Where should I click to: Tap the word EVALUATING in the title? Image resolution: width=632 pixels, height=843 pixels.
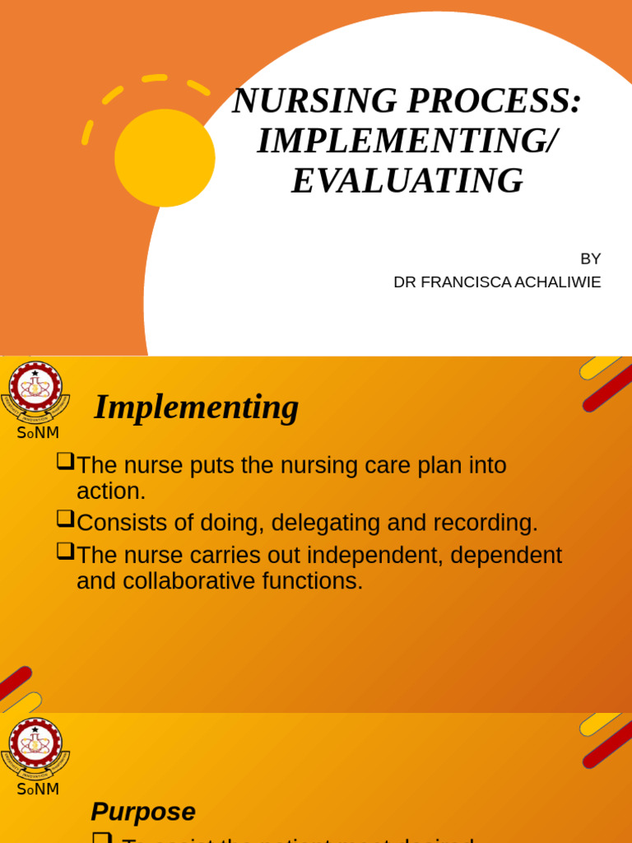[407, 181]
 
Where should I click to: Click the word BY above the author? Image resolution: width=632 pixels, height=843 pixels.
[590, 258]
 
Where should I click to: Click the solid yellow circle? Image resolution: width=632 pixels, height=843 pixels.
[165, 157]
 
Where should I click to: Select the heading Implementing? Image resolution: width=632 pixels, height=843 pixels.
[196, 408]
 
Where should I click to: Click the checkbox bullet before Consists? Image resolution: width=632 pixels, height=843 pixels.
[65, 519]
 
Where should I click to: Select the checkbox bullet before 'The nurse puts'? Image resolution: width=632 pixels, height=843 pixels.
[65, 461]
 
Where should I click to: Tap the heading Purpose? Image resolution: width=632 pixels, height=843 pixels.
[143, 812]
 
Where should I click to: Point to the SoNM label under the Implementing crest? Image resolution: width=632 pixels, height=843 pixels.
[38, 433]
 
